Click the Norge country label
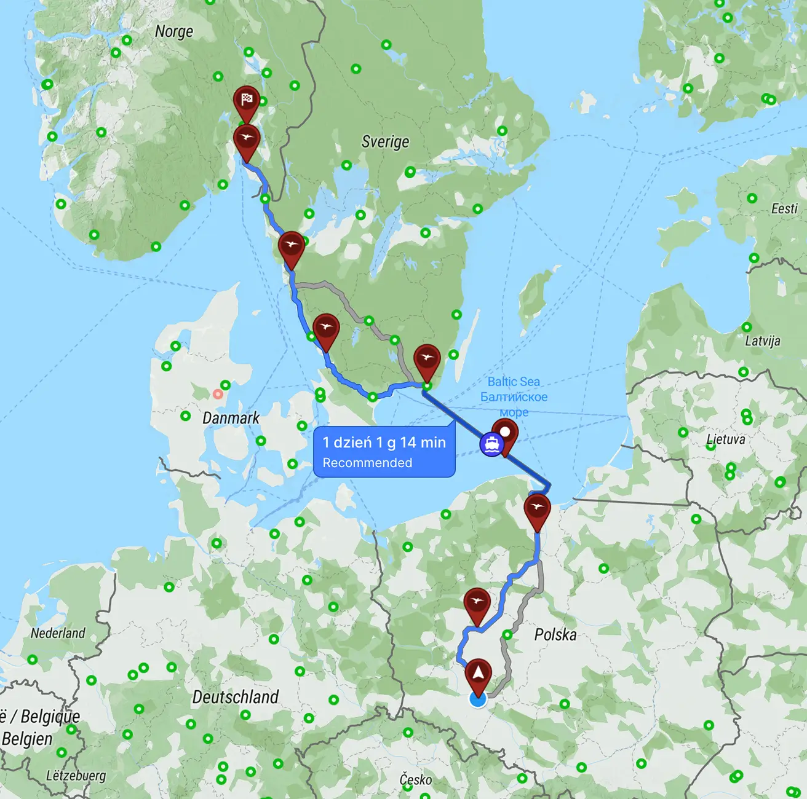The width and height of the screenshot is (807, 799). click(173, 31)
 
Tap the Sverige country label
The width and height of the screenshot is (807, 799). click(385, 142)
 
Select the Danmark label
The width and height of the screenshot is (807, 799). click(231, 418)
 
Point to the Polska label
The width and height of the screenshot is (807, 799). click(555, 634)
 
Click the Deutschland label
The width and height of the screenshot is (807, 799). click(236, 697)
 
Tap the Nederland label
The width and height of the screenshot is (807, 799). click(58, 633)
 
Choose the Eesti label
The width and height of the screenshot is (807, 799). click(784, 209)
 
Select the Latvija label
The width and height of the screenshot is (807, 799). click(763, 340)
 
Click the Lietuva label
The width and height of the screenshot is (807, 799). click(726, 439)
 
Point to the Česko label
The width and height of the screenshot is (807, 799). click(416, 779)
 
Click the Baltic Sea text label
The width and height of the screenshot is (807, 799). click(514, 382)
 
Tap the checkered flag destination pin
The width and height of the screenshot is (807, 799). click(247, 100)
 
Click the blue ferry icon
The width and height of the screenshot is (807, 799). click(491, 443)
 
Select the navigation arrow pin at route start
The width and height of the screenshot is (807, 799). click(478, 674)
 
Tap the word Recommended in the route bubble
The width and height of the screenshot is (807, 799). click(367, 463)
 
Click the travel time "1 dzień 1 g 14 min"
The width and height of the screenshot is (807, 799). click(384, 443)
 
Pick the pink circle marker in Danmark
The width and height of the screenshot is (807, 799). click(218, 394)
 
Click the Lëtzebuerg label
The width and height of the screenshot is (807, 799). click(76, 776)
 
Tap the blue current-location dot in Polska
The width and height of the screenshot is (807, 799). click(477, 699)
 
